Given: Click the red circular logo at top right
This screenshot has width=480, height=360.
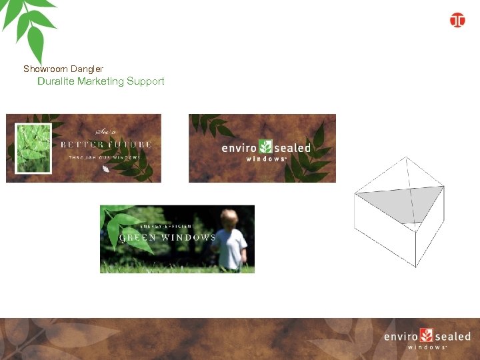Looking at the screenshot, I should tap(457, 20).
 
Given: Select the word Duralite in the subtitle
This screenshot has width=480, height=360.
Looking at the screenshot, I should tap(56, 81).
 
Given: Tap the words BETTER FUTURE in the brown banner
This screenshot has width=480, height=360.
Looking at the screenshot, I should tap(106, 144).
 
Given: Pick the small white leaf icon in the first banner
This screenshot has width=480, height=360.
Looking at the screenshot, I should tap(106, 169).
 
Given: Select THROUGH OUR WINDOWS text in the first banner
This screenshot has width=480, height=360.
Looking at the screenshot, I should tap(105, 158).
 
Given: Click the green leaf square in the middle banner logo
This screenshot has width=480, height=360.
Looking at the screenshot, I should tap(266, 147).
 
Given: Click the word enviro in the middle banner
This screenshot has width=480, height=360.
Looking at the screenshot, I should tap(239, 148).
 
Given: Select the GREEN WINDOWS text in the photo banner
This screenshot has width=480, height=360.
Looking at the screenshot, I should tap(167, 237).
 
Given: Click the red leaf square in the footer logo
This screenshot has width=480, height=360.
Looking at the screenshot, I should tap(427, 335).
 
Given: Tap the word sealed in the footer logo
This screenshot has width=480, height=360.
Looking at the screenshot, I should tap(453, 337).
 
